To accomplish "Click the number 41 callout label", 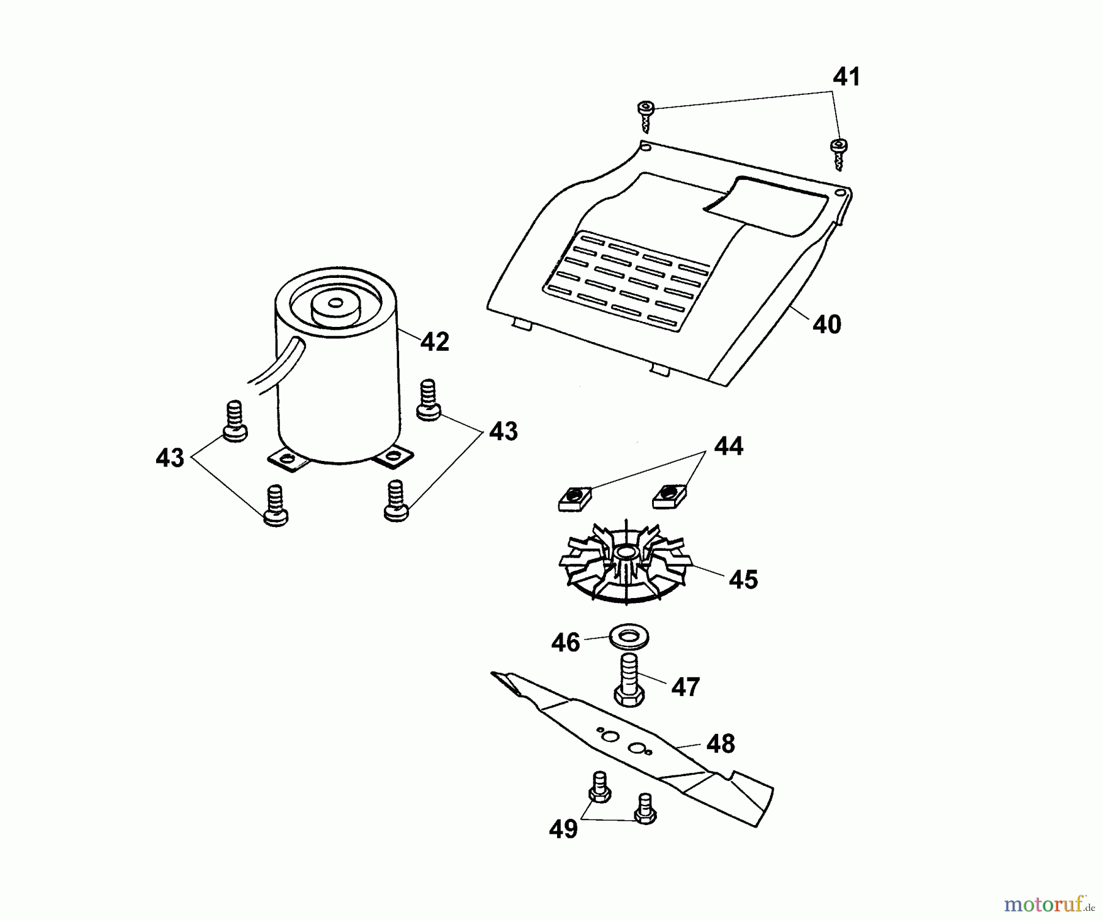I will (846, 78).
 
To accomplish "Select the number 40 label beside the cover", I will (826, 324).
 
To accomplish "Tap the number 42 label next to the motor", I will (435, 342).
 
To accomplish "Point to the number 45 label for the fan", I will (743, 580).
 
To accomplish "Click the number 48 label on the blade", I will (720, 744).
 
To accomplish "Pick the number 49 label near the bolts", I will (563, 829).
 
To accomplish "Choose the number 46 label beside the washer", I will (565, 643).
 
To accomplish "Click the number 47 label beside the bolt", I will (685, 687).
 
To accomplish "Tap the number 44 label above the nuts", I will (729, 446).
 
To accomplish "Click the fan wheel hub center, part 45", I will (626, 553).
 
